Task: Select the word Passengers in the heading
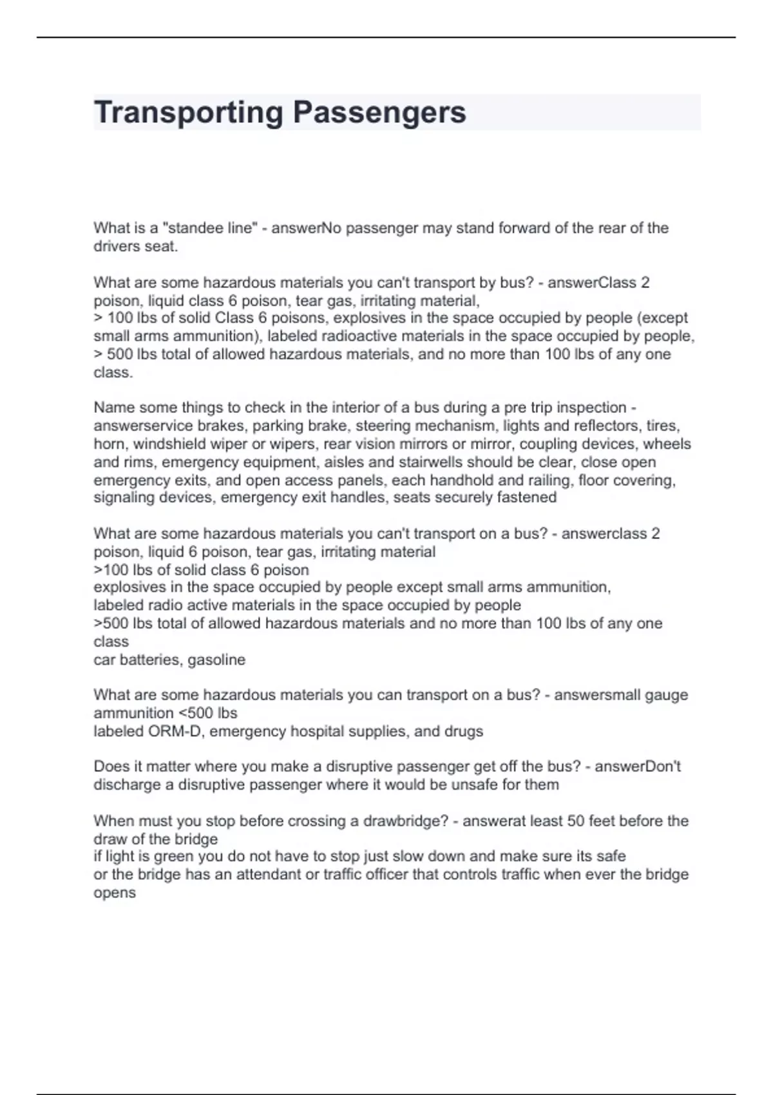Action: [379, 112]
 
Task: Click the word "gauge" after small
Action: [666, 695]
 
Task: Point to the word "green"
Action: [175, 857]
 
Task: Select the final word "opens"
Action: [115, 893]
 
